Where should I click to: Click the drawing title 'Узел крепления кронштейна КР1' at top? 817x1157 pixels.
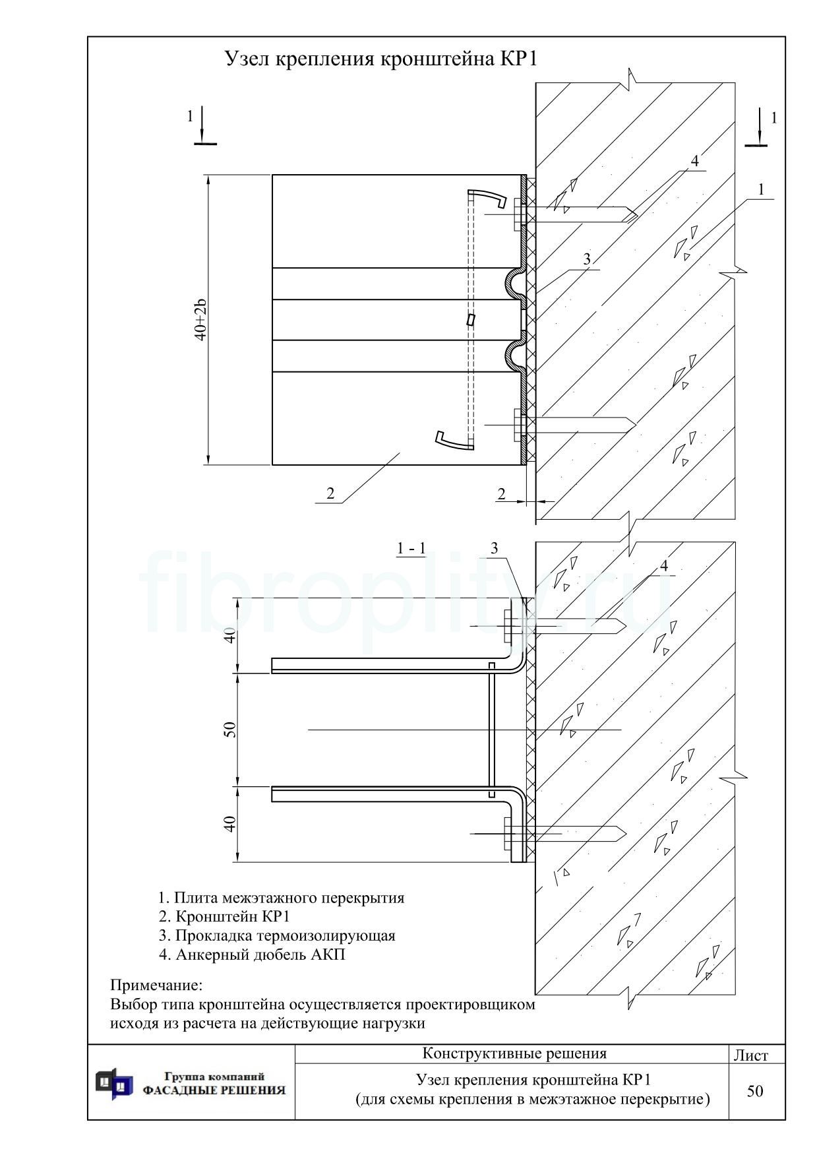(381, 59)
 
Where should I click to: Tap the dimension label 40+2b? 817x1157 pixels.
(201, 320)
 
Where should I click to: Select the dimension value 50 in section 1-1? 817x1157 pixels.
(230, 730)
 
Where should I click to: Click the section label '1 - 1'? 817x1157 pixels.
(411, 548)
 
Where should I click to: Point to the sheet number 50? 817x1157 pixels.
(755, 1091)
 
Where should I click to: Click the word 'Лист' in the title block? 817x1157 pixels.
(751, 1055)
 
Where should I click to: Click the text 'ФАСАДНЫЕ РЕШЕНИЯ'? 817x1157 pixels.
(214, 1090)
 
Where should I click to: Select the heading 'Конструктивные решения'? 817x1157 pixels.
(514, 1053)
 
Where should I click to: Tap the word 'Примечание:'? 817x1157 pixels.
(156, 986)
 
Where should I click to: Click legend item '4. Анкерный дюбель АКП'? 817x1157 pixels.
(251, 954)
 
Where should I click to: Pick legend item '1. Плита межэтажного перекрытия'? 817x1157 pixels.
(282, 898)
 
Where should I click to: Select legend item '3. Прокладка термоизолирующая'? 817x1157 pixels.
(277, 935)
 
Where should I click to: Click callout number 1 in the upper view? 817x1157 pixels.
(761, 190)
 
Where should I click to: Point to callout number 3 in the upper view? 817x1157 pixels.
(587, 260)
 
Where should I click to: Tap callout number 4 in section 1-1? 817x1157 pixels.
(664, 566)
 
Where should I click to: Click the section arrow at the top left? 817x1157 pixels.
(203, 125)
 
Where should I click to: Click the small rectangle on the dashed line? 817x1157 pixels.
(471, 320)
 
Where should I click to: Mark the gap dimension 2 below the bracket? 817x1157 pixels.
(501, 493)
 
